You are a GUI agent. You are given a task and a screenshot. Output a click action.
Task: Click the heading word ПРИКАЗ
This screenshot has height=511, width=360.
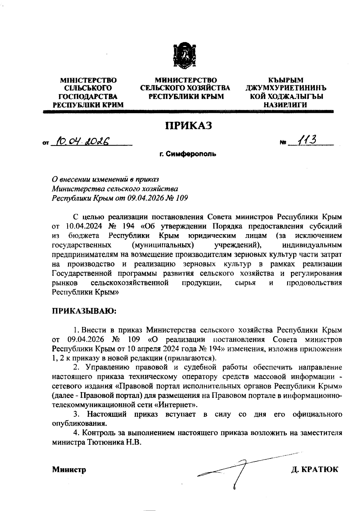coord(189,125)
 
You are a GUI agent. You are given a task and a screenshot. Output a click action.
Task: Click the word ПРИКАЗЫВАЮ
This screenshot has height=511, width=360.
coord(84,310)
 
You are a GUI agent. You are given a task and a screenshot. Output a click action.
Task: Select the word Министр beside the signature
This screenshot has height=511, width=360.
coord(69,469)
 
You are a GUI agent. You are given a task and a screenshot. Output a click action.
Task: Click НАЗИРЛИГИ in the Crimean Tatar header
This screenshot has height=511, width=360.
coord(285,105)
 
